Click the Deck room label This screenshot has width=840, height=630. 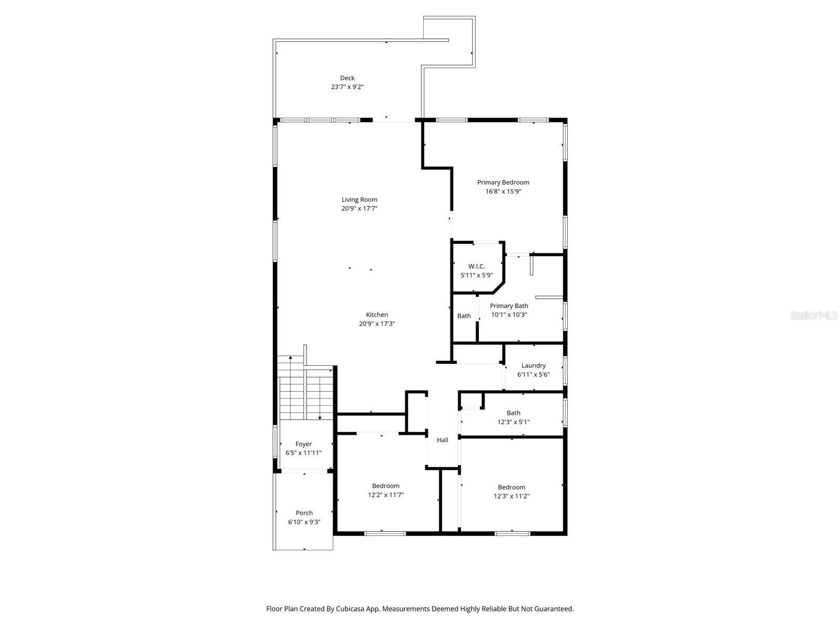[347, 78]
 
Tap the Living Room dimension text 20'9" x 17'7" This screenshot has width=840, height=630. [360, 208]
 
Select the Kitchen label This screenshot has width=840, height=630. [377, 315]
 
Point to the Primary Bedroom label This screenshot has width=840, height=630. [503, 183]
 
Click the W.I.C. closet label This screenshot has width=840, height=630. [476, 267]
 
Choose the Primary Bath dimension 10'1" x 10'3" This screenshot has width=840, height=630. [509, 315]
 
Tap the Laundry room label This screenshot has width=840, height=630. [533, 366]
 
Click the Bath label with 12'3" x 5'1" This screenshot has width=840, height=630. [513, 413]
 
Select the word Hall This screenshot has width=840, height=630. [443, 440]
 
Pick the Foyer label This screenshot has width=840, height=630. [303, 444]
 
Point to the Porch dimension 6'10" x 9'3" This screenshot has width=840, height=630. [304, 522]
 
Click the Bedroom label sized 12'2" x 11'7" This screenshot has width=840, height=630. [386, 486]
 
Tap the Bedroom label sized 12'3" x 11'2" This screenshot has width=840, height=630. [511, 488]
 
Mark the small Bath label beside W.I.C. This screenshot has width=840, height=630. [464, 316]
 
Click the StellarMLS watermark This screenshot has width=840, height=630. [814, 316]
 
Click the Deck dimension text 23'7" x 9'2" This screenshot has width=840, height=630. [347, 87]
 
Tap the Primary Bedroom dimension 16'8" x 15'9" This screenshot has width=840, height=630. [503, 192]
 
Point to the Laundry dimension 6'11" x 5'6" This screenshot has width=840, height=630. [533, 375]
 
